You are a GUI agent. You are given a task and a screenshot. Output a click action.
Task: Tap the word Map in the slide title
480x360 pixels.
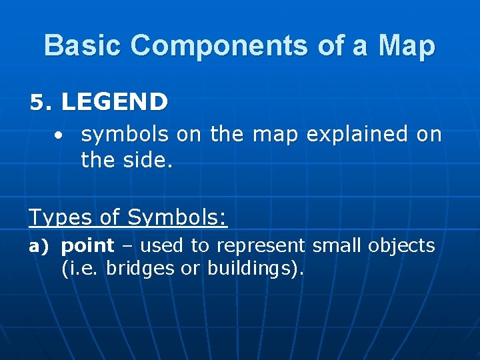[407, 46]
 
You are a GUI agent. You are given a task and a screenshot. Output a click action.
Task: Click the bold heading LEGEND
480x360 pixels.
[114, 102]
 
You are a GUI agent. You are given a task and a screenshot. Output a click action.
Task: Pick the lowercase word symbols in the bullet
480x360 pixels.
[125, 135]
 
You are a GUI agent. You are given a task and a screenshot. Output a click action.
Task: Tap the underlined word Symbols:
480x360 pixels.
[177, 217]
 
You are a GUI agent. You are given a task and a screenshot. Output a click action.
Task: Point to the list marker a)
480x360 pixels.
[39, 247]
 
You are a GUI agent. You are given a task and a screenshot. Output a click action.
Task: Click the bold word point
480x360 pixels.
[87, 246]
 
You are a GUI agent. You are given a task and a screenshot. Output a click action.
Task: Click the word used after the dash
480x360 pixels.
[163, 245]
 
